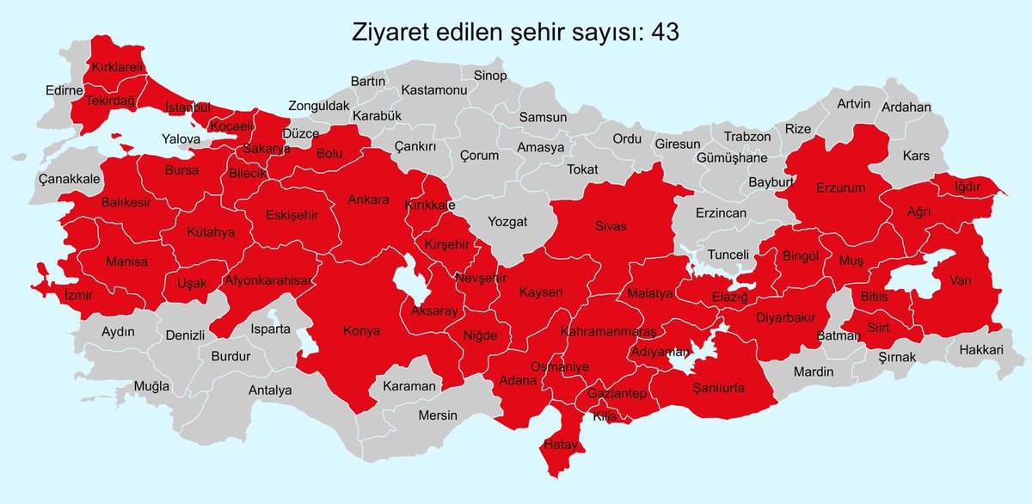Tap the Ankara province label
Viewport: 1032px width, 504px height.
(369, 200)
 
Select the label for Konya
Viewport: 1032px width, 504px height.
(362, 330)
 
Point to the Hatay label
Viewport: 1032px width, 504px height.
(562, 445)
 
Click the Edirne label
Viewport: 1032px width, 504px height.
(64, 90)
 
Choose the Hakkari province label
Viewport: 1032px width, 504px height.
(981, 350)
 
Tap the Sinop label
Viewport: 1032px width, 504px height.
(490, 76)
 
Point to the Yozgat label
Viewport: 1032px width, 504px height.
(507, 221)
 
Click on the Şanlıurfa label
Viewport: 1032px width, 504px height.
(718, 388)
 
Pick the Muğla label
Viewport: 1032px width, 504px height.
(151, 386)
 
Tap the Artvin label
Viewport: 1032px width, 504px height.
(854, 104)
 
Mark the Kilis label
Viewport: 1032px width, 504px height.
(605, 416)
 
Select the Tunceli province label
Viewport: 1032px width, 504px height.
(728, 255)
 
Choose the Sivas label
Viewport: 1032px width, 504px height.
(611, 226)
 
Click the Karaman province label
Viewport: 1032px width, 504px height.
(408, 386)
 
